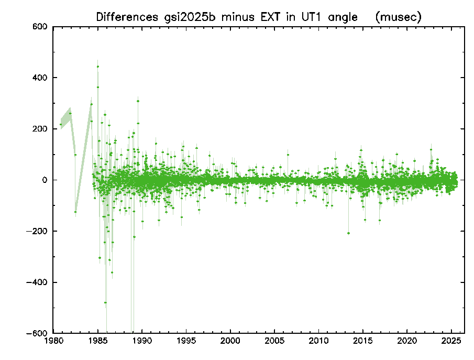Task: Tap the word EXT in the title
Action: [x=264, y=17]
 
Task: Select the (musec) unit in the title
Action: [x=399, y=17]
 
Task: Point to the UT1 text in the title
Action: [x=308, y=17]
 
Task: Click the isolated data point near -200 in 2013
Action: [x=349, y=233]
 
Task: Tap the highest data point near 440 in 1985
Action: [x=97, y=67]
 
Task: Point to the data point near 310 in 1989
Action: [x=138, y=101]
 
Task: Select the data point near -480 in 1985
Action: [x=105, y=302]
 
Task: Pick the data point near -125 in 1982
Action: [x=75, y=212]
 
